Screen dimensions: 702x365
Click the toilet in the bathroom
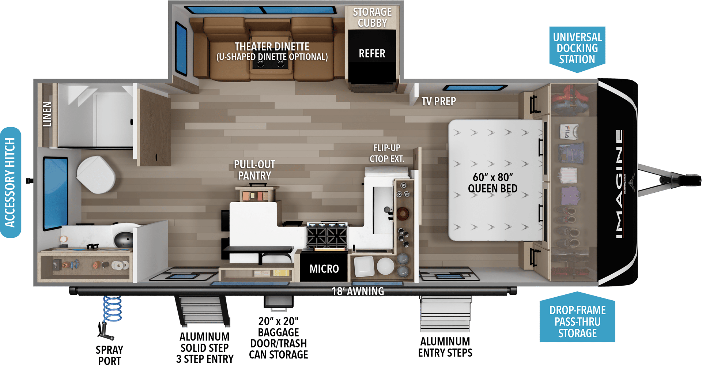[96, 174]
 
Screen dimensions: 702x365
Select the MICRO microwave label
[324, 269]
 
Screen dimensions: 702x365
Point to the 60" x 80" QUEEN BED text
[492, 183]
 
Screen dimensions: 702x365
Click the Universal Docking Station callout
[577, 48]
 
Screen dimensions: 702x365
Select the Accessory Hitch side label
[11, 182]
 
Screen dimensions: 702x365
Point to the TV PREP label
[439, 101]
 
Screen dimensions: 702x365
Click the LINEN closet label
[47, 114]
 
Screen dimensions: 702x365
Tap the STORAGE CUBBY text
[372, 18]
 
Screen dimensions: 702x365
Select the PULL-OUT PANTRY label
[254, 170]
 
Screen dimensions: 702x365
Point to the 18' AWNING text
[358, 291]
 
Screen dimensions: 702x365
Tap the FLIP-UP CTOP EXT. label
[387, 153]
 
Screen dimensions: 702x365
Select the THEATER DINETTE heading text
[272, 46]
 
